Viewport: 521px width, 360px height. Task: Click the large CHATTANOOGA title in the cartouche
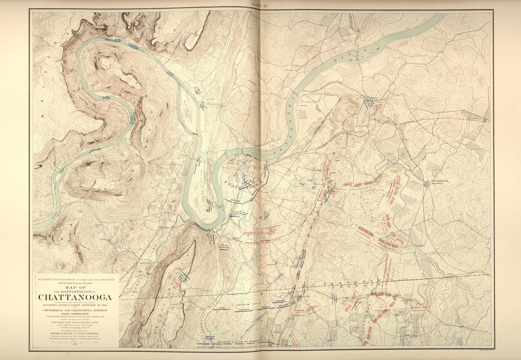coord(75,297)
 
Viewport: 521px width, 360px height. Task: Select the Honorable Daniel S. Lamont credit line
coord(75,306)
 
